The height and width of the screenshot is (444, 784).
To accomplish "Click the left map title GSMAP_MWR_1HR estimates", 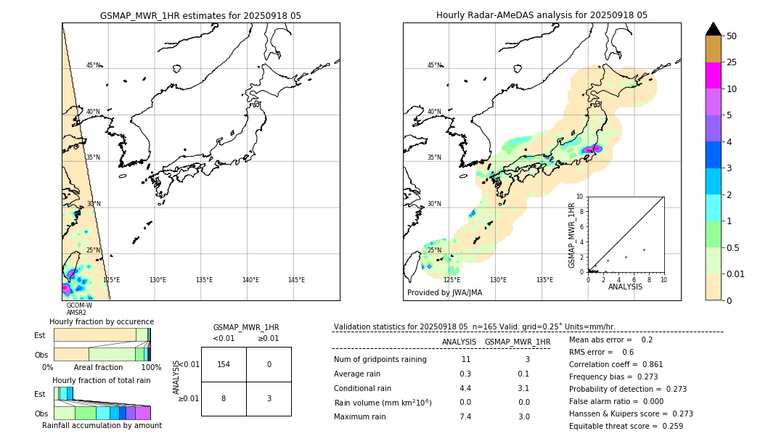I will pyautogui.click(x=200, y=15).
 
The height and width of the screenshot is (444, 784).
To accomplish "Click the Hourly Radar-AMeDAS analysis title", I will pyautogui.click(x=542, y=15).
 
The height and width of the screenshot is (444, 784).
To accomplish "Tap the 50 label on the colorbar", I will pyautogui.click(x=732, y=36).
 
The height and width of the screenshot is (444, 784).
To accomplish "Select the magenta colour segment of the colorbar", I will pyautogui.click(x=713, y=75).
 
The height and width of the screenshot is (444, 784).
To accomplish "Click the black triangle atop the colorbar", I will pyautogui.click(x=713, y=29).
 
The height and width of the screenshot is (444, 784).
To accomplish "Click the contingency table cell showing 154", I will pyautogui.click(x=224, y=364).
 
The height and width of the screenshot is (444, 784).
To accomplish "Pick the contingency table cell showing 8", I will pyautogui.click(x=224, y=398).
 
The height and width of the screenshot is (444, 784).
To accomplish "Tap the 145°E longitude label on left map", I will pyautogui.click(x=296, y=280).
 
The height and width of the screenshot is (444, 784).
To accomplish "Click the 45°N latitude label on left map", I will pyautogui.click(x=94, y=65).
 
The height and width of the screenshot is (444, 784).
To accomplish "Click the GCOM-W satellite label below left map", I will pyautogui.click(x=79, y=305).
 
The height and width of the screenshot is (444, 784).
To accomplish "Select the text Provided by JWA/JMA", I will pyautogui.click(x=444, y=292).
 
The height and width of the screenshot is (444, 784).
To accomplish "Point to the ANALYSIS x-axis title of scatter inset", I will pyautogui.click(x=625, y=287).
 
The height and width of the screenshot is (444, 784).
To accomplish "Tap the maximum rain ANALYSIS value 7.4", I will pyautogui.click(x=465, y=416).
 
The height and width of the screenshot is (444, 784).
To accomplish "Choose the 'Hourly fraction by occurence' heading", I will pyautogui.click(x=102, y=321).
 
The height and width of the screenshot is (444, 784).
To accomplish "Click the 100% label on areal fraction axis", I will pyautogui.click(x=151, y=368).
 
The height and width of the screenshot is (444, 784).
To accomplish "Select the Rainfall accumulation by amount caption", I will pyautogui.click(x=102, y=425).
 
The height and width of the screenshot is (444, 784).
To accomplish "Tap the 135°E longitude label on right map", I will pyautogui.click(x=544, y=280).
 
